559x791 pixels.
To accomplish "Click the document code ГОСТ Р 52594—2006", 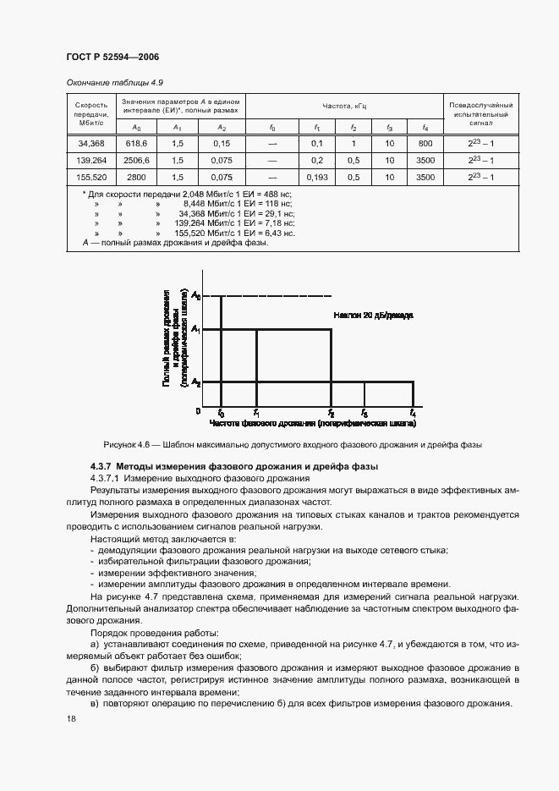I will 112,57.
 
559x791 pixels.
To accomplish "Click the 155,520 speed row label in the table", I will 91,178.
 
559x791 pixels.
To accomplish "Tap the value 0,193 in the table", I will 318,178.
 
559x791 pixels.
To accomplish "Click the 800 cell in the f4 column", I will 425,144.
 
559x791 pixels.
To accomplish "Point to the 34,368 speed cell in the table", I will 91,144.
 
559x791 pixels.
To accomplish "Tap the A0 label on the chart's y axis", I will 196,295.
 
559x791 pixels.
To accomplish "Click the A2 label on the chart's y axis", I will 196,382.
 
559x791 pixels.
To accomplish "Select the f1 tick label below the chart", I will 256,413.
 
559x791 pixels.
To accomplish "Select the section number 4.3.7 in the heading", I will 101,467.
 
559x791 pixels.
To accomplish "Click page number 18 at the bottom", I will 70,718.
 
